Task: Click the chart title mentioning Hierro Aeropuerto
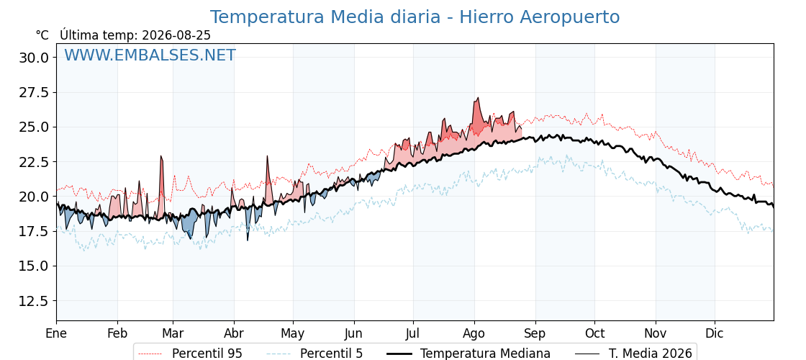tap(415, 17)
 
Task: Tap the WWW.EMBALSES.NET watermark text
tap(150, 55)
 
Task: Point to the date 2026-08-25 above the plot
tap(176, 35)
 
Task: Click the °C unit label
tap(42, 35)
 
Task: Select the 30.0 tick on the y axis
tap(34, 58)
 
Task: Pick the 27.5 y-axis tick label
tap(34, 93)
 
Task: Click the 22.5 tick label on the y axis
tap(34, 162)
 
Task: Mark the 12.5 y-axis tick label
tap(34, 301)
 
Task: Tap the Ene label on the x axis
tap(57, 333)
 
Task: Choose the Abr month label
tap(234, 333)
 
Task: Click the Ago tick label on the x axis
tap(474, 333)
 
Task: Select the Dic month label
tap(715, 333)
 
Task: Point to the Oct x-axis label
tap(594, 333)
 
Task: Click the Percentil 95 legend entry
tap(191, 354)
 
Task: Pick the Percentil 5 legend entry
tap(315, 354)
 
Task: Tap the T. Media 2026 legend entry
tap(634, 354)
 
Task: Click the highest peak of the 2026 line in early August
tap(478, 98)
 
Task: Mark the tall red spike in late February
tap(161, 156)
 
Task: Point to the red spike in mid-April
tap(267, 156)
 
